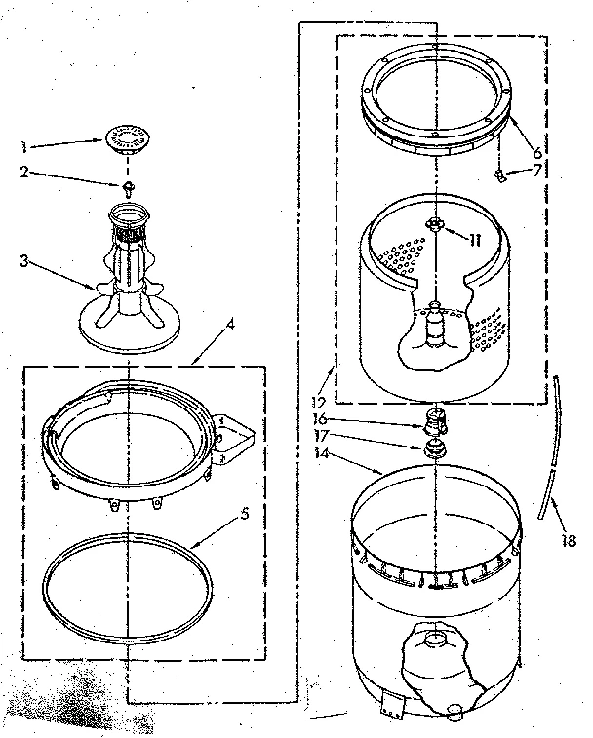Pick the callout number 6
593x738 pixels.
pyautogui.click(x=536, y=152)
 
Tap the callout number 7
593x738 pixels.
pyautogui.click(x=536, y=172)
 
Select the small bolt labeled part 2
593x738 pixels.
pyautogui.click(x=128, y=186)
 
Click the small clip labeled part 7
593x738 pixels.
pyautogui.click(x=500, y=176)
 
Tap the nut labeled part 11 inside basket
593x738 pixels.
pyautogui.click(x=435, y=226)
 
